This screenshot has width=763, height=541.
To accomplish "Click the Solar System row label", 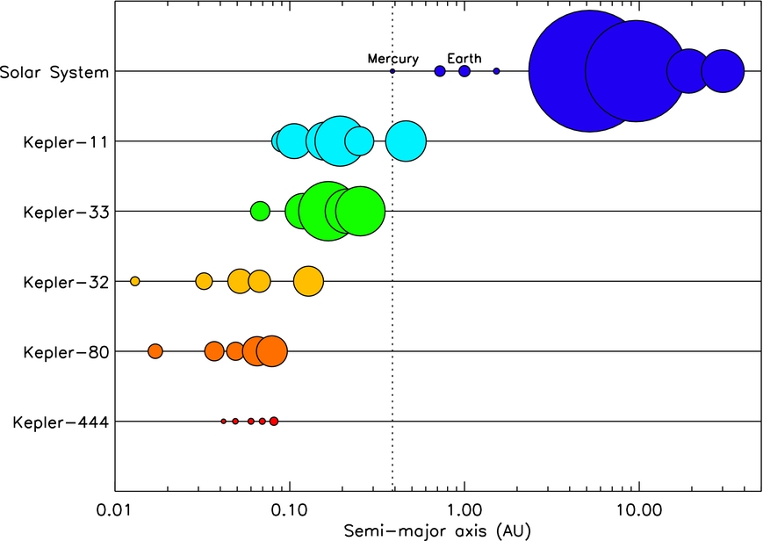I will tap(54, 72).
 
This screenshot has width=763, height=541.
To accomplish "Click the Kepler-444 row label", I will tap(61, 423).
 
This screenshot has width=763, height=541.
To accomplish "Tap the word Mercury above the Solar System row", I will tap(392, 59).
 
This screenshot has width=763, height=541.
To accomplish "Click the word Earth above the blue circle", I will tap(464, 59).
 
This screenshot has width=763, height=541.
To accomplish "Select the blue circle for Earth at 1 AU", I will tap(464, 71).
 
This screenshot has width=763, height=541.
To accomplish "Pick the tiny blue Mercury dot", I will tap(392, 71).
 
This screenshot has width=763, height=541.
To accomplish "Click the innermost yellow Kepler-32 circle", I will tap(135, 281).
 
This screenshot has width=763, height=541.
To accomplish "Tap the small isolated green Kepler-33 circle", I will tap(260, 211).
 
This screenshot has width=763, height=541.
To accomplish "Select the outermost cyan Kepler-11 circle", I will tap(406, 141).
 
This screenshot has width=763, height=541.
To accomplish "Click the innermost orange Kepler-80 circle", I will tap(155, 351).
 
